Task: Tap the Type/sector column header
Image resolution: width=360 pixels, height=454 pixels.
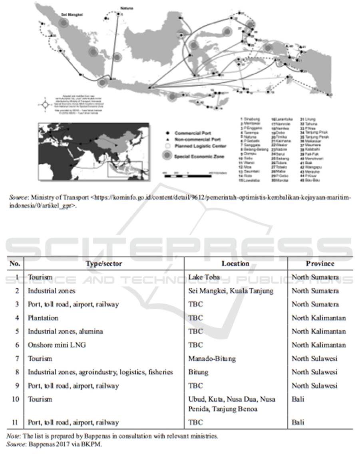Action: tap(103, 264)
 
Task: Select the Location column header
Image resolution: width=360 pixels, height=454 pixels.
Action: tap(235, 264)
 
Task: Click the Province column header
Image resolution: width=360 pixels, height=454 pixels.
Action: tap(320, 264)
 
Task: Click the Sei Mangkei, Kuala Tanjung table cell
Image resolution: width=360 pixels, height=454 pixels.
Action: tap(231, 291)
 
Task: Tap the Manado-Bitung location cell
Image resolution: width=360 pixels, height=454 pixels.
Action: tap(212, 359)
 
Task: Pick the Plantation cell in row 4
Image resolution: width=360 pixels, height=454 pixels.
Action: tap(43, 318)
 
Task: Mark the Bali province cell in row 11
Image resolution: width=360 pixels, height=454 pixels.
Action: tap(297, 422)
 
